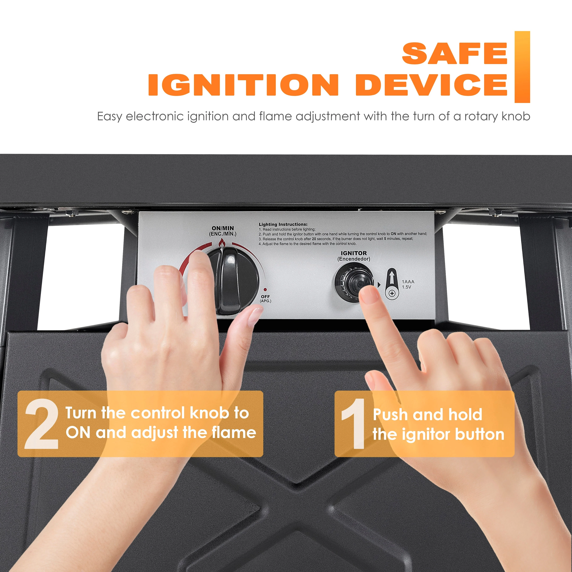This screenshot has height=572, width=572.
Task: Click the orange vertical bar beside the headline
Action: click(x=522, y=67)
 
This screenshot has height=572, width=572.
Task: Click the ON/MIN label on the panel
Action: click(x=223, y=228)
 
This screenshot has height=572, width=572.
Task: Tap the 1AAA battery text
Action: click(x=408, y=282)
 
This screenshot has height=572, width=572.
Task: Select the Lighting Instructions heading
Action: click(x=283, y=224)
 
